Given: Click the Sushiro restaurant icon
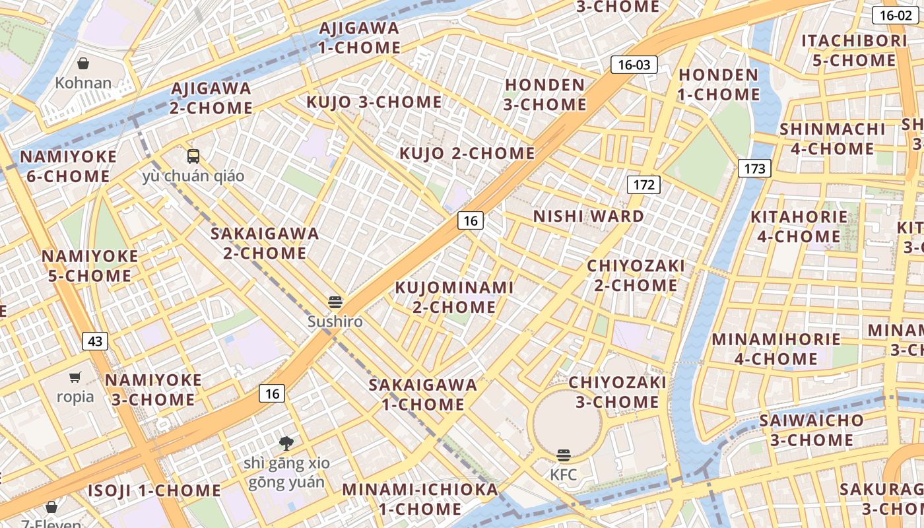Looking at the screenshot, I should point(336,302).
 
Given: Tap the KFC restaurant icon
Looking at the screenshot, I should point(563,455).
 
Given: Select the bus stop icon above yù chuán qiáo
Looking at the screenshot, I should point(193,156).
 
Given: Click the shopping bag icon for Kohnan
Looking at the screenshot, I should point(83,63).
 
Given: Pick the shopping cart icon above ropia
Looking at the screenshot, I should point(75,378).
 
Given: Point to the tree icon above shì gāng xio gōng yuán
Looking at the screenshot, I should point(286,443).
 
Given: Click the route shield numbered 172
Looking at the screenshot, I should point(643,185).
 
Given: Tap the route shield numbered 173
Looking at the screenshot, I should point(754,168).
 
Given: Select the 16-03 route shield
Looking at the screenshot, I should point(634,65).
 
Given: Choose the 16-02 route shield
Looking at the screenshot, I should point(896,15).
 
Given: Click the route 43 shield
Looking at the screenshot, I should point(95,341).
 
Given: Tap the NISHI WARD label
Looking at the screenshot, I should point(588,216).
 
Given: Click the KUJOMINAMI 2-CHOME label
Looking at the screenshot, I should point(454,297).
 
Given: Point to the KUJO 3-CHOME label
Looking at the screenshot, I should point(374,102).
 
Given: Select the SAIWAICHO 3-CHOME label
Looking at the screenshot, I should point(811,430).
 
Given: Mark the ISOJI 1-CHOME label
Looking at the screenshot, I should point(154,490).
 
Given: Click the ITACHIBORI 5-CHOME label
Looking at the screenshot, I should point(854,51).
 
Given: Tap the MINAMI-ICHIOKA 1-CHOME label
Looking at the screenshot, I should point(420,499).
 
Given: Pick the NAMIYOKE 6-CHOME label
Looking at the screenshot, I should point(68,166).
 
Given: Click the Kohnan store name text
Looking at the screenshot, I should point(83,83).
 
